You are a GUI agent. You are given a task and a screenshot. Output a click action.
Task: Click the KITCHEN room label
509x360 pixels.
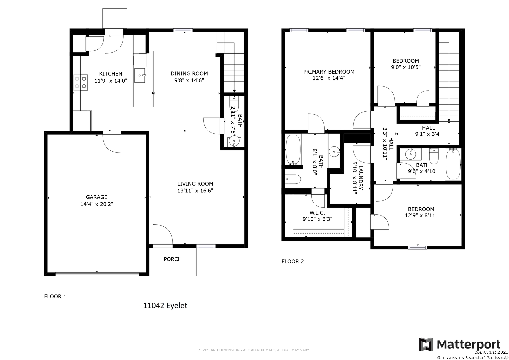click(x=111, y=74)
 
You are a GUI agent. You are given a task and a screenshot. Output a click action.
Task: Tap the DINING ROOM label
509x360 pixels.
click(x=189, y=74)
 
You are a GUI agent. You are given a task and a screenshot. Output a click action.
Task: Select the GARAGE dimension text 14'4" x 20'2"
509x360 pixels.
click(x=97, y=204)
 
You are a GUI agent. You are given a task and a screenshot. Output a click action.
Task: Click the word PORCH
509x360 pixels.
click(x=173, y=259)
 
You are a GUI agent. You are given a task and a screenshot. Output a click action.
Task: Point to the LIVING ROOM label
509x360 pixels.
click(x=195, y=184)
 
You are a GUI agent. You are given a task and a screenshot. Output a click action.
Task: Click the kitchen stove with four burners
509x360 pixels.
click(x=81, y=82)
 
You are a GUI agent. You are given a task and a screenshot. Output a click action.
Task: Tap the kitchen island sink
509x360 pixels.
click(x=140, y=75)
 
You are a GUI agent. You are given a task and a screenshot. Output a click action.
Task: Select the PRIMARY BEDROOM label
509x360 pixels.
click(x=329, y=72)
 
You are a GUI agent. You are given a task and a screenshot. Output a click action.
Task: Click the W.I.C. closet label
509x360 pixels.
click(x=317, y=213)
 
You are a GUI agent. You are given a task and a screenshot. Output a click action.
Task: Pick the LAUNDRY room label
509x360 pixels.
click(x=361, y=178)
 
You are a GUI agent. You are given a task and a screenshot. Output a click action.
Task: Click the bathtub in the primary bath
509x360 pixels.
click(x=293, y=150)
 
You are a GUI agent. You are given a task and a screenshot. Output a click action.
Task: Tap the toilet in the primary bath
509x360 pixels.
click(x=293, y=179)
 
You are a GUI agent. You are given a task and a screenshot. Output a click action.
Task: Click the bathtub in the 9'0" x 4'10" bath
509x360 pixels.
click(x=453, y=164)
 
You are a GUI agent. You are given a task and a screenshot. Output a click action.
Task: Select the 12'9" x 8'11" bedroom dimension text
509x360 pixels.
click(x=421, y=215)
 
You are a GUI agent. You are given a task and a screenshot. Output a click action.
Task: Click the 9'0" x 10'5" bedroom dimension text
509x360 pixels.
click(x=406, y=67)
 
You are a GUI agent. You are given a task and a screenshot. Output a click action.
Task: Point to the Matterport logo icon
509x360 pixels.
click(x=426, y=345)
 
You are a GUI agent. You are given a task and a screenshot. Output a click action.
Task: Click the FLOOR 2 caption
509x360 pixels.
click(x=293, y=261)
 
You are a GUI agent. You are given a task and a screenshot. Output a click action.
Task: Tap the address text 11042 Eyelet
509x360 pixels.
click(x=165, y=306)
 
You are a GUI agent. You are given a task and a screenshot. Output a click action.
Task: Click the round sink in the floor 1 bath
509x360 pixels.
click(x=234, y=141)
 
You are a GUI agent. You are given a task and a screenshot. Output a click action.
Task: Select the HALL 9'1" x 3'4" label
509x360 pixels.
click(x=428, y=131)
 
